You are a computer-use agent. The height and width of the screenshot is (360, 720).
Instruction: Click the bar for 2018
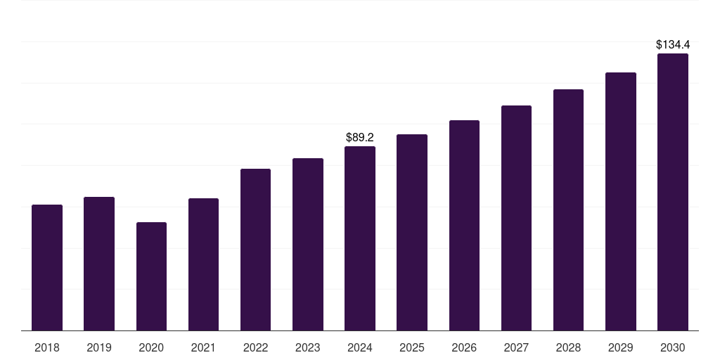[x=47, y=267]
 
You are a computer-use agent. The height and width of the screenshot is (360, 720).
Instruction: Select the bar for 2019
[x=99, y=264]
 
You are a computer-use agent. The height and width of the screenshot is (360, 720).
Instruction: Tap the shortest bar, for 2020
[x=151, y=276]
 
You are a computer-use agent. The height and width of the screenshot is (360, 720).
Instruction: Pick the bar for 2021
[x=203, y=264]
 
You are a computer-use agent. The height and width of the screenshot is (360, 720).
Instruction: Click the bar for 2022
[x=255, y=250]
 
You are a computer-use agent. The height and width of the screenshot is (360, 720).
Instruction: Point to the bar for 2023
[x=308, y=244]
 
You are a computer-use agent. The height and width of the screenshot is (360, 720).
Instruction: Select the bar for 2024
[x=360, y=238]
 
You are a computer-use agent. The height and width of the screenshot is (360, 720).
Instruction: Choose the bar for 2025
[x=412, y=232]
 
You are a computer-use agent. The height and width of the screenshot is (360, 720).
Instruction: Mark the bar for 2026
[x=464, y=225]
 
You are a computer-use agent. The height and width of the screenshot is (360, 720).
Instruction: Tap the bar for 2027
[x=516, y=218]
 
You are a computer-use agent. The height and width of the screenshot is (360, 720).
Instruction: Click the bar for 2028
[x=568, y=210]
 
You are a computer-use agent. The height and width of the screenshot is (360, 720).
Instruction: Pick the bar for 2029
[x=621, y=201]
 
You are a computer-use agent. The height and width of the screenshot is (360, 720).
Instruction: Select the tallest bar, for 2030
[x=673, y=192]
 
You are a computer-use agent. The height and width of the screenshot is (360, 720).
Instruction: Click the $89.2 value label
[x=360, y=137]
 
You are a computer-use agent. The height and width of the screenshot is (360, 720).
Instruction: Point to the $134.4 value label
[x=673, y=45]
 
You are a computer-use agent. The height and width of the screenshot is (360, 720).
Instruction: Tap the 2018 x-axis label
[x=47, y=347]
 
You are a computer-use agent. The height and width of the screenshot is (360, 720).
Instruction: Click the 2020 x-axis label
[x=151, y=347]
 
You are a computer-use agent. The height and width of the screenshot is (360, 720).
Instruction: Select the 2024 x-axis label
[x=360, y=347]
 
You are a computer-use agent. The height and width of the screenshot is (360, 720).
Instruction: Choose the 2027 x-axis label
[x=516, y=347]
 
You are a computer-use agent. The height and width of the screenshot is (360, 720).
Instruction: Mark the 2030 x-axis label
[x=673, y=347]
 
